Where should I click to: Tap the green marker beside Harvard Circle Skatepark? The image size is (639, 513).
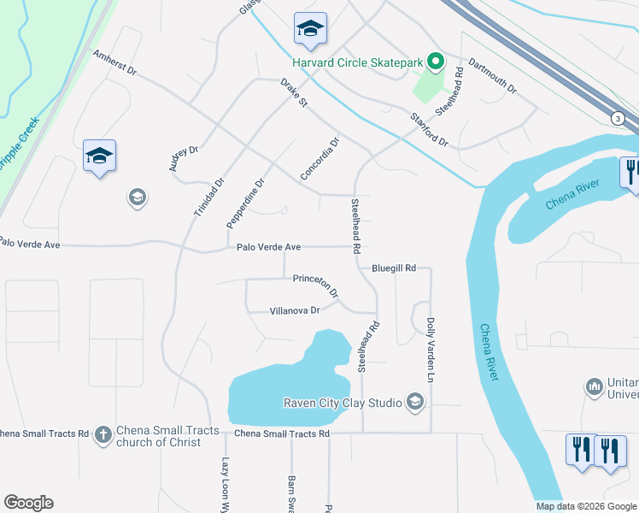pos(436,62)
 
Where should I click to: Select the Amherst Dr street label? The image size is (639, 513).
pos(114,65)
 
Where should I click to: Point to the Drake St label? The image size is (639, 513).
pos(294,93)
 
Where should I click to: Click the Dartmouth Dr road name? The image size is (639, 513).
pos(494,76)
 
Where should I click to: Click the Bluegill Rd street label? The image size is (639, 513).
pos(393,268)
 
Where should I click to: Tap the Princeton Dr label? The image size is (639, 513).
pos(315,285)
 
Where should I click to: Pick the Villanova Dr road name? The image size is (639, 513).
pos(294,311)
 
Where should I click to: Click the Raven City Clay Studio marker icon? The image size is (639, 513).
pos(415,402)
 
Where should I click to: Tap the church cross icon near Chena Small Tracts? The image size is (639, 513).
pos(103,435)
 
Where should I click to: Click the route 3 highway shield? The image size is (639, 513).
pos(617,118)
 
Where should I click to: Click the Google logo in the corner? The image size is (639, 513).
pos(28,503)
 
